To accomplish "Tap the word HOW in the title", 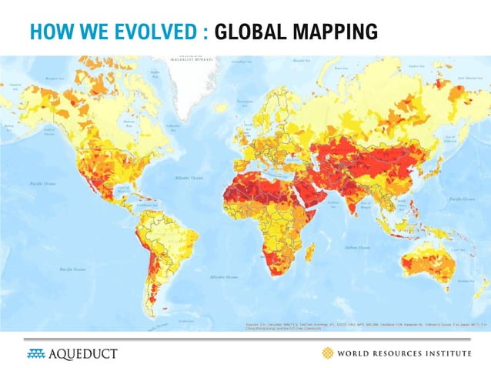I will [46, 32].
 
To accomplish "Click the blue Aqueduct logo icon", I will [36, 353].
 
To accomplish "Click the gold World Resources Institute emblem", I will [328, 353].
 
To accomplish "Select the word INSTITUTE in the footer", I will [441, 353].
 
